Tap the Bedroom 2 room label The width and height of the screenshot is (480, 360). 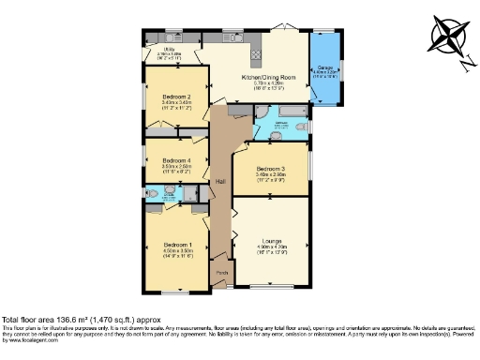point(176,97)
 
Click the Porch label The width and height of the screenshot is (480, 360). point(221,273)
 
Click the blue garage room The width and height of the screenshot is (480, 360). point(325,67)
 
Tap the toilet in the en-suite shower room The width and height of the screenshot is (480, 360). point(153,195)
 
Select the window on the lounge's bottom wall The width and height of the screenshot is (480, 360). point(271,283)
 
